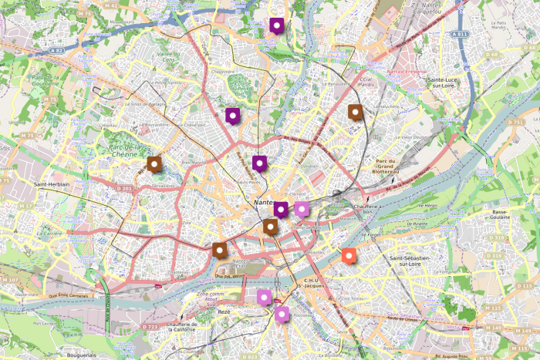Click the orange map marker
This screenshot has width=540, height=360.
pos(349,256)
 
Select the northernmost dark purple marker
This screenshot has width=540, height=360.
pos(276,26)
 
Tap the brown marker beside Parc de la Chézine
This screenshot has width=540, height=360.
pos(154,163)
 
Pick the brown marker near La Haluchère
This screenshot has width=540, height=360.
pos(355,113)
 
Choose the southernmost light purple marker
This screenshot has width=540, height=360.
pos(282,314)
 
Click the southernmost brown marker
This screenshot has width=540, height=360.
pos(220,250)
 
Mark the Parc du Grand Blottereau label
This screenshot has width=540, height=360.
pos(385,167)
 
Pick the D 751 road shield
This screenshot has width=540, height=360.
pos(516,122)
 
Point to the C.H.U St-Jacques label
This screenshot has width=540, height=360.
pos(312,284)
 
